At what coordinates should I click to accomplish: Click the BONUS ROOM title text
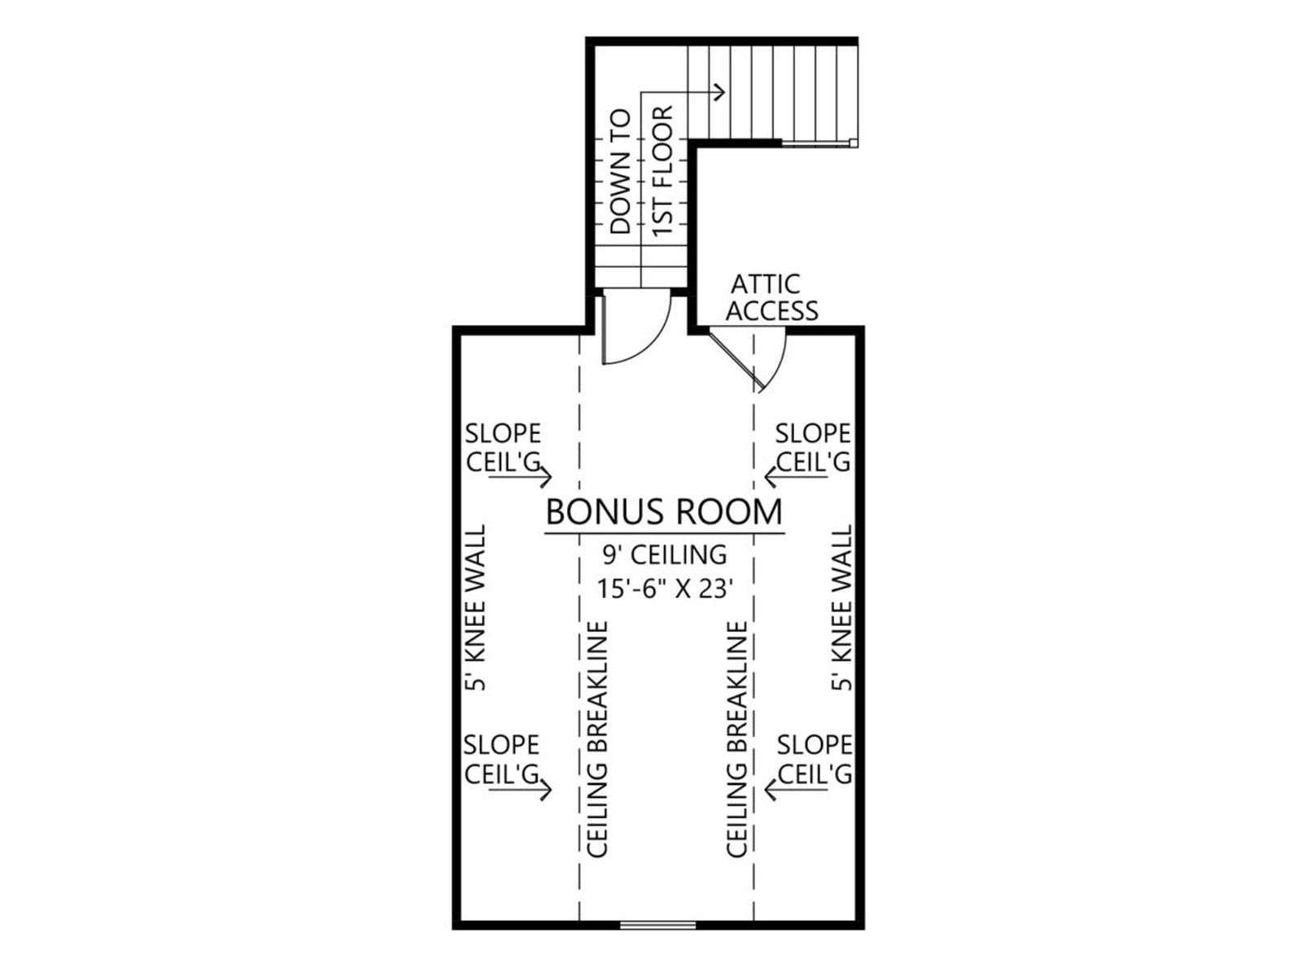[664, 512]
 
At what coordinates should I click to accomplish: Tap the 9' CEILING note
[665, 555]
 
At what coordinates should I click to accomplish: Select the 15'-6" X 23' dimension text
[665, 589]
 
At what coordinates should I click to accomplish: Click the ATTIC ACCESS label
[771, 298]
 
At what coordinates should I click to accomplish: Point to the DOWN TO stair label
[620, 172]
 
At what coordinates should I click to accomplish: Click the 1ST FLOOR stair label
[663, 171]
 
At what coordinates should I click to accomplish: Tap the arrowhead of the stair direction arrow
[719, 92]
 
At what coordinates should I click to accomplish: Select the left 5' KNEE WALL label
[475, 608]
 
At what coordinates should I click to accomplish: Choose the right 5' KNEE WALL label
[841, 608]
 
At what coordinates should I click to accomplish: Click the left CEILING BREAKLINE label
[597, 739]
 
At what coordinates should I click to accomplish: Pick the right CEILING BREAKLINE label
[736, 739]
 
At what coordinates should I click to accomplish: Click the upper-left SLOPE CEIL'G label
[503, 448]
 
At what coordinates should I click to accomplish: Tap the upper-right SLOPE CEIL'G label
[813, 448]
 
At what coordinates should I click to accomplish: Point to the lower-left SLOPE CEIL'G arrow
[520, 790]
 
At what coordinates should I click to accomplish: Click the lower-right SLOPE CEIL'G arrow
[796, 790]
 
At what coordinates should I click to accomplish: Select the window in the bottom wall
[658, 925]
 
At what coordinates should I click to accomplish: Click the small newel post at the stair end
[853, 142]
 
